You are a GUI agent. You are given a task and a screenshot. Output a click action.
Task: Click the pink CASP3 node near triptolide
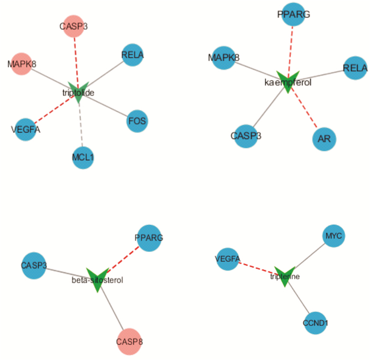point(73,27)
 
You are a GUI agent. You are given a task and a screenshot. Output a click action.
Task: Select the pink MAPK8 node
point(22,64)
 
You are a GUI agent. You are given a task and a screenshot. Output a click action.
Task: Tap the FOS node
point(137,122)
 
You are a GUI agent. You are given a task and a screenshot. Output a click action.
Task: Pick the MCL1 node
point(82,158)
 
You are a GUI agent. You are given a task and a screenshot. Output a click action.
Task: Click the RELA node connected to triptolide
point(132,55)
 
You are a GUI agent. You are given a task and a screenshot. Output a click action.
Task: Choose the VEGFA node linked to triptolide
point(25,130)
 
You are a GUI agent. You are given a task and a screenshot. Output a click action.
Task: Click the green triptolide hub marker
point(78,93)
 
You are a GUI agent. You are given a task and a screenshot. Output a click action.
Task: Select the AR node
point(324,139)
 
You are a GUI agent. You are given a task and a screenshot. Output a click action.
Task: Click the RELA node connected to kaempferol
point(355,68)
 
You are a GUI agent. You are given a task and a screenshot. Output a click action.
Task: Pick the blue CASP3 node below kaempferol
point(246,136)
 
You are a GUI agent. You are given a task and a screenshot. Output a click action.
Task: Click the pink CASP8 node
point(129,341)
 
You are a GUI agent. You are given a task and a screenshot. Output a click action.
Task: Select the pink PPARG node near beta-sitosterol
point(149,238)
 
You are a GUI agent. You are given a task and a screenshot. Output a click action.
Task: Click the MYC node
point(334,235)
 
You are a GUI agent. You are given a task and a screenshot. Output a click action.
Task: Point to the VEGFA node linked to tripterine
point(228,259)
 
